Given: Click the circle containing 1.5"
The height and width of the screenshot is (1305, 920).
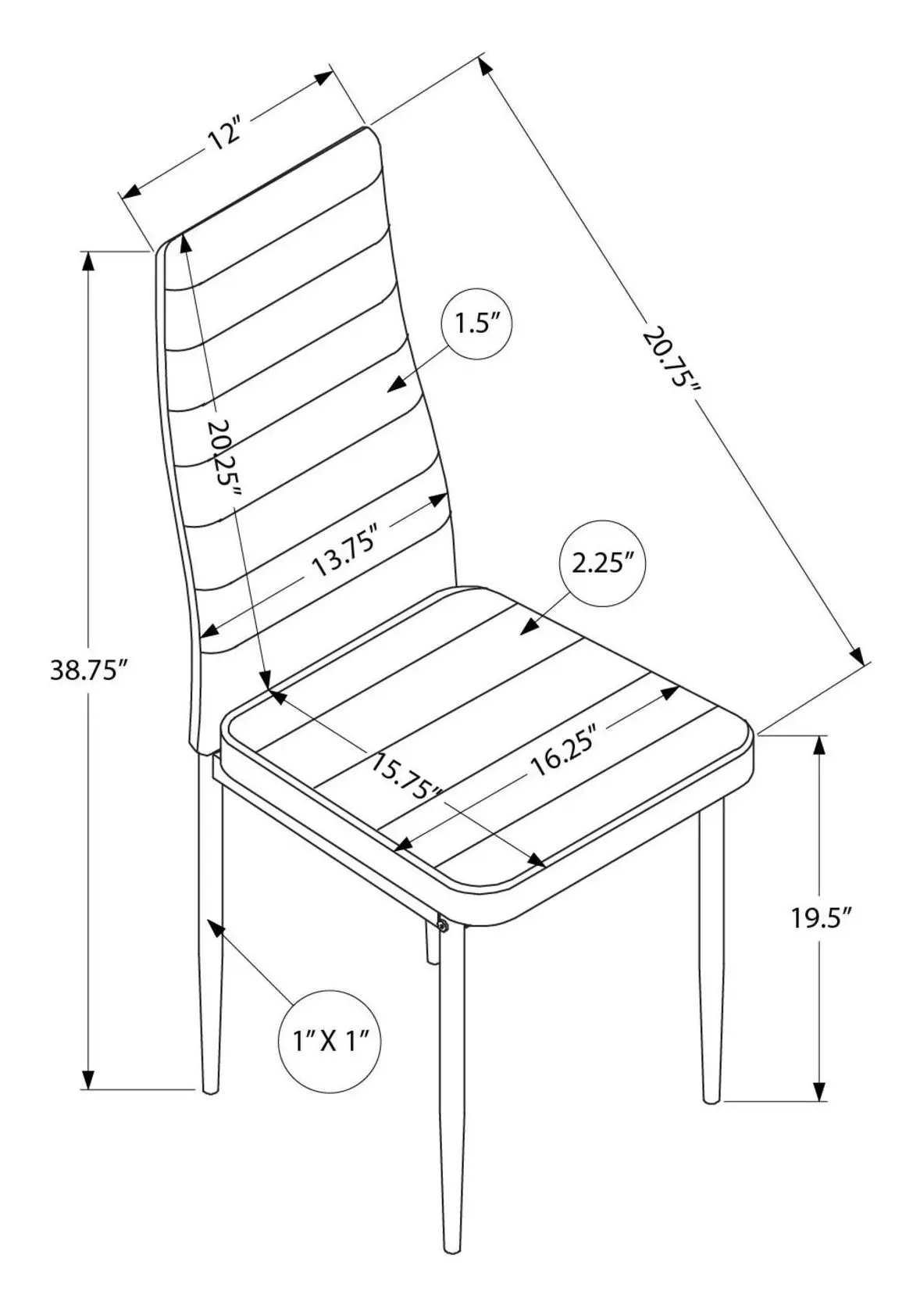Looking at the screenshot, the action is point(477,324).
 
